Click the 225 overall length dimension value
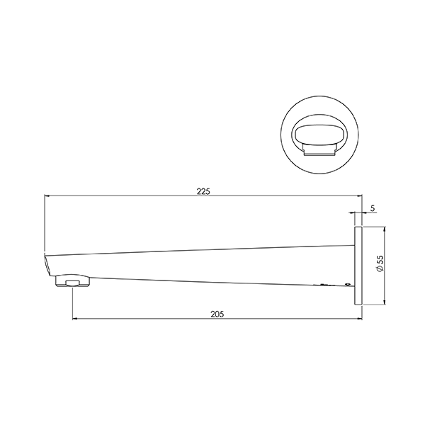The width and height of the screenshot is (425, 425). point(203,191)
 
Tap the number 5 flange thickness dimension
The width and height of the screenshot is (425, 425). point(373,209)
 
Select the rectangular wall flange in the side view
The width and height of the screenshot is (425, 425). point(358,266)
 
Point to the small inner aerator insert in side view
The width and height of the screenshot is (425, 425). point(72,285)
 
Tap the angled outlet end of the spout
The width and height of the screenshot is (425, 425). point(47,266)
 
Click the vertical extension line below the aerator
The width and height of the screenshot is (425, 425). point(72,305)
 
